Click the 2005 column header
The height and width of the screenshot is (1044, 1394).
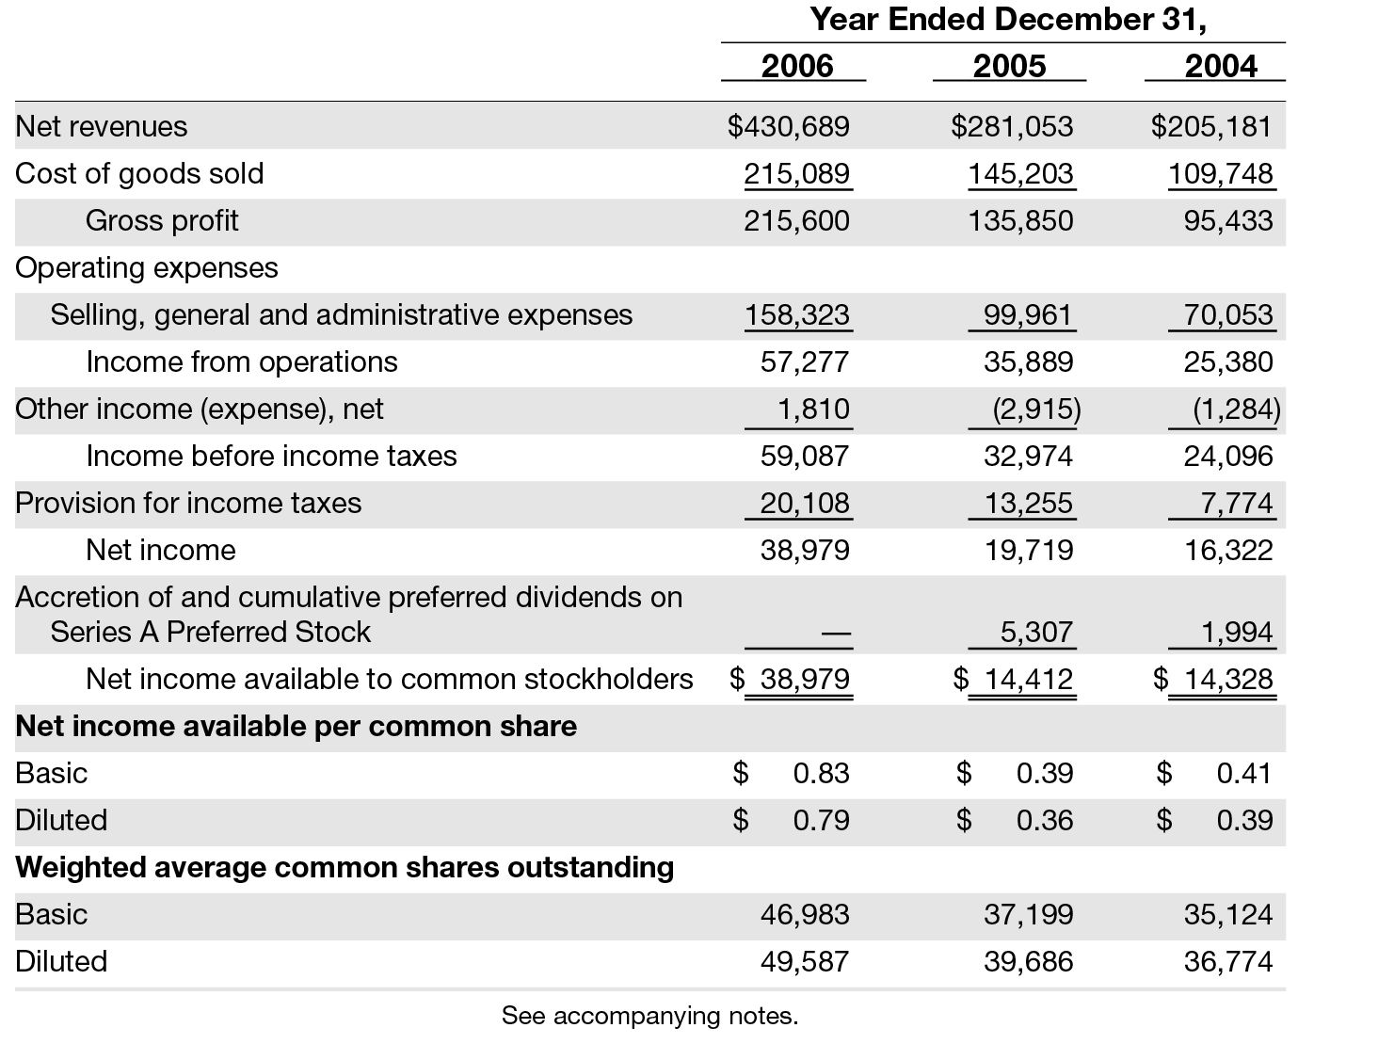pos(1009,66)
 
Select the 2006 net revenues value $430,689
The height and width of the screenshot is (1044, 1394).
pos(789,126)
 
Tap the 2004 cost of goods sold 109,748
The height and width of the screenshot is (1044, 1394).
pos(1220,173)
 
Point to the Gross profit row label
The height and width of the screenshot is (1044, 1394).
pos(162,220)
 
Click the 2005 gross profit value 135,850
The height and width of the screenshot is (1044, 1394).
pos(1020,220)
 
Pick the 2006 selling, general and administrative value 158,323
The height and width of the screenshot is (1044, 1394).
pos(797,314)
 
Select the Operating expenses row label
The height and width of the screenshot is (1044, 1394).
pos(147,267)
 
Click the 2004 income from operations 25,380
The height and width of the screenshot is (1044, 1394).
pos(1227,361)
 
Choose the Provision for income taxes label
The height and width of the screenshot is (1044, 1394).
pos(188,503)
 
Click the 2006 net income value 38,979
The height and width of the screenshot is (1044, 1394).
pos(805,550)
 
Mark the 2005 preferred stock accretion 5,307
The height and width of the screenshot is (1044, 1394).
pos(1035,632)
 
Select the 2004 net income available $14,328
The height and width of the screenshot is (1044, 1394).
pos(1214,679)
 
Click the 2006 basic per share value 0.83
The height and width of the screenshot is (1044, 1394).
pos(821,773)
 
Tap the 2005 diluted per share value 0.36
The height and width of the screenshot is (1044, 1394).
pos(1044,820)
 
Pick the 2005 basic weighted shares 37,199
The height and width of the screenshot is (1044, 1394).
pos(1028,914)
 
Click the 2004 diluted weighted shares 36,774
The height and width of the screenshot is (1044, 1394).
pos(1227,961)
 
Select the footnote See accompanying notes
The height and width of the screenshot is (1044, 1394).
pos(649,1016)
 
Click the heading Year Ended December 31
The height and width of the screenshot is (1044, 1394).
pos(1007,19)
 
